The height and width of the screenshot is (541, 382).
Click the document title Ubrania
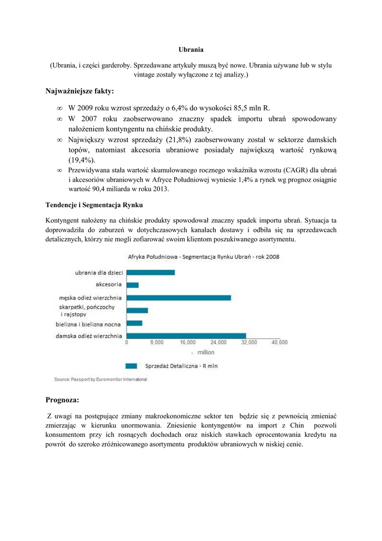coord(191,50)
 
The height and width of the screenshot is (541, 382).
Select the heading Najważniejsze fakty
coord(80,91)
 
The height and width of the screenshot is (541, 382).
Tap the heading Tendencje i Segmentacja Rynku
coord(94,204)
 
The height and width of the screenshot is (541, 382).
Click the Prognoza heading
coord(62,400)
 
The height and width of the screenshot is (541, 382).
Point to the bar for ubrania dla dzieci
coord(151,273)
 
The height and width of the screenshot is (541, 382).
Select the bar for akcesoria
coord(133,285)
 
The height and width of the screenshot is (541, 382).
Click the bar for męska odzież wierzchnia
coord(179,298)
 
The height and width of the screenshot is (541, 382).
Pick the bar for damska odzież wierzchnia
coord(187,336)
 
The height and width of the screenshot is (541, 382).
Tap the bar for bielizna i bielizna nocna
coord(135,323)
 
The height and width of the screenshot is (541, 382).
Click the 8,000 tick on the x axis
coord(157,343)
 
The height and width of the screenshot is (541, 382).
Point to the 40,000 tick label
coord(279,343)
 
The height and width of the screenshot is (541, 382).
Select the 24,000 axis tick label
coord(218,343)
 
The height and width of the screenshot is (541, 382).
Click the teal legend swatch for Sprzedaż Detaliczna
coord(131,366)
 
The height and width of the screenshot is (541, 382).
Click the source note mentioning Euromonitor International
coord(100,379)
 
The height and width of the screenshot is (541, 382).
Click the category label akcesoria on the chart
coord(109,285)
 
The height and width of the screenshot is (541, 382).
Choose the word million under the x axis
coord(206,352)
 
